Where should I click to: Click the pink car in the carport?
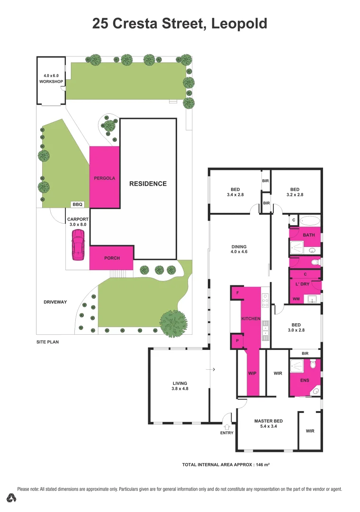coord(78,242)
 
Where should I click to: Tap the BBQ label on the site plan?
coord(77,205)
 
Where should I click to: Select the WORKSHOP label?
coord(51,82)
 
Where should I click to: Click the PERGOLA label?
coord(104,178)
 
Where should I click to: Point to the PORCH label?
coord(112,258)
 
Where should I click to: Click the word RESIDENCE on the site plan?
coord(148,183)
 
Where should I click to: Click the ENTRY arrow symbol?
coord(226,427)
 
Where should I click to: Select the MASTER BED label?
coord(268,421)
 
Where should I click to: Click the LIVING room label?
coord(180,383)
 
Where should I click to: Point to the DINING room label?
coord(239,246)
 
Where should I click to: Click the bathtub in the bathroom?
coord(310,220)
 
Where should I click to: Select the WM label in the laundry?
coord(296,299)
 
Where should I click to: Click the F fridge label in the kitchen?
coord(237,293)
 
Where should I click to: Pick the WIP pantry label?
coord(252,373)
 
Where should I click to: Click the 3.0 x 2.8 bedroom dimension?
coord(296,330)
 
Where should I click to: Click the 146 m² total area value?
coord(261,465)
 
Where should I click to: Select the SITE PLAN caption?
coord(48,341)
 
